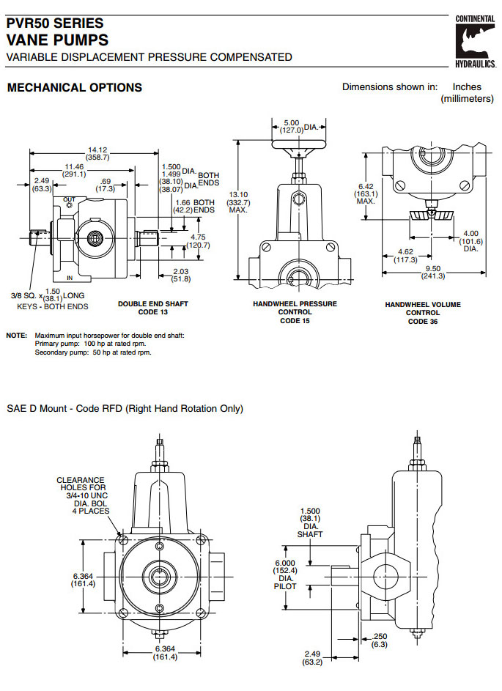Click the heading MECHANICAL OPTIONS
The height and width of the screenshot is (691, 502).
coord(74,88)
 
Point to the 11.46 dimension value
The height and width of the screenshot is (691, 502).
coord(74,170)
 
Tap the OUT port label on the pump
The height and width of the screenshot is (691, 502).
coord(69,199)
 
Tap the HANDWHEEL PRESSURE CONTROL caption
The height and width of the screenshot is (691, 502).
coord(295,312)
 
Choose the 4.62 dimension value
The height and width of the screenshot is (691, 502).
coord(405,255)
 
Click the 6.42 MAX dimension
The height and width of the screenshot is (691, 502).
coord(366,193)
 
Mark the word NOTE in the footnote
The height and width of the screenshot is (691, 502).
coord(17,335)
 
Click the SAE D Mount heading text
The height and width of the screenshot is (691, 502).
coord(125,409)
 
